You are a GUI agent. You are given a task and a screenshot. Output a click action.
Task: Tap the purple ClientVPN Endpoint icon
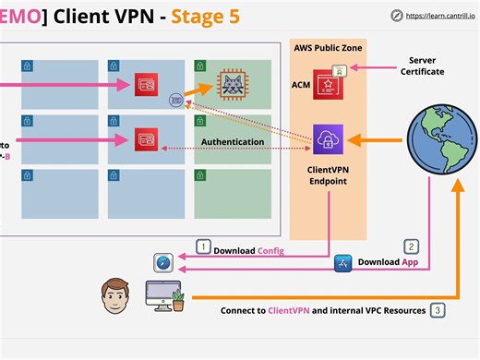[x=329, y=140]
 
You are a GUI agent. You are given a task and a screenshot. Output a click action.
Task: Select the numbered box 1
[x=203, y=246]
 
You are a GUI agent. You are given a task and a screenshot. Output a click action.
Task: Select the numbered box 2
[x=413, y=246]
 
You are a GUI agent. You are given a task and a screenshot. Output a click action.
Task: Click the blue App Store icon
[x=342, y=264]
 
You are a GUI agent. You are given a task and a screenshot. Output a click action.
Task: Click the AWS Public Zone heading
[x=328, y=48]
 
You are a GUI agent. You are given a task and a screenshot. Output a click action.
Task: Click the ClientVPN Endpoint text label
[x=329, y=176]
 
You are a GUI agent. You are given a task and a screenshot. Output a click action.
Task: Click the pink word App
[x=412, y=261]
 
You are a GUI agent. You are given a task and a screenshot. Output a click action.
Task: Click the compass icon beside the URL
[x=396, y=15]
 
